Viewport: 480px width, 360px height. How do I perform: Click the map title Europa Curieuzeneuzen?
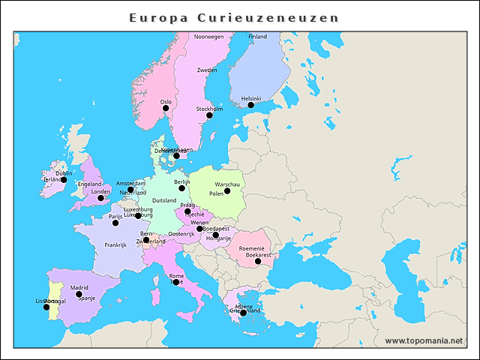(x=234, y=17)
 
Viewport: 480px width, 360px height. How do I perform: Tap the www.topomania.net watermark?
(x=424, y=340)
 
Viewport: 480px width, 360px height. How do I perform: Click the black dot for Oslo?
(x=166, y=109)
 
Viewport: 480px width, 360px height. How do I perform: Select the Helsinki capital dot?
(x=251, y=105)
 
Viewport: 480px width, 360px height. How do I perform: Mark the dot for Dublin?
(x=64, y=180)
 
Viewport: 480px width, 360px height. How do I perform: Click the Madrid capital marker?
(x=79, y=294)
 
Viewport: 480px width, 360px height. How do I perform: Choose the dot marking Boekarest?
(x=258, y=262)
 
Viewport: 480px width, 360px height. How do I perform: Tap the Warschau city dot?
(x=227, y=191)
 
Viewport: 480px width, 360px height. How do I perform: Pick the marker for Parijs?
(x=115, y=223)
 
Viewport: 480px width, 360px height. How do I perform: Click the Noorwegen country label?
(x=209, y=37)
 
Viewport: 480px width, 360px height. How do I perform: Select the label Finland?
(x=257, y=37)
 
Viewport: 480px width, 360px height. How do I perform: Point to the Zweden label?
(x=207, y=70)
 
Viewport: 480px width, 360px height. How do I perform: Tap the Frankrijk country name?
(x=115, y=245)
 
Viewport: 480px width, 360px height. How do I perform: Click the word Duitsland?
(x=164, y=201)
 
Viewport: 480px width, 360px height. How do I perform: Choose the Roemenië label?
(x=251, y=248)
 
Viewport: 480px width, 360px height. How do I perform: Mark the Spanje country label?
(x=87, y=298)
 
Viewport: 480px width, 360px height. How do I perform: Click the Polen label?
(x=216, y=194)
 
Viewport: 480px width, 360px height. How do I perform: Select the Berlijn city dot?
(x=181, y=188)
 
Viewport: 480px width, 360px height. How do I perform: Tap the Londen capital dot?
(x=100, y=198)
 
